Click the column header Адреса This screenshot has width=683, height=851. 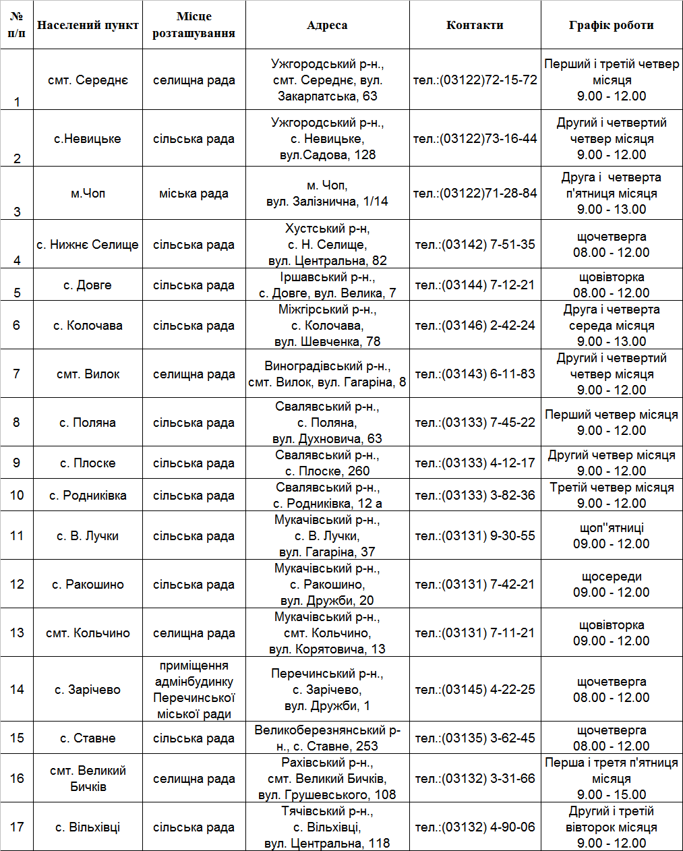[327, 25]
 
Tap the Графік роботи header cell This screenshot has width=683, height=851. [611, 25]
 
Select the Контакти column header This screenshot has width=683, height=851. [475, 25]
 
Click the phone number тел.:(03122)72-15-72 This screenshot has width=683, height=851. [475, 80]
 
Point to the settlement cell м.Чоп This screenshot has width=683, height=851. [88, 194]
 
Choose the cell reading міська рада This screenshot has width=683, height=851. [194, 194]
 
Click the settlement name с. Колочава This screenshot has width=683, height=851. [88, 326]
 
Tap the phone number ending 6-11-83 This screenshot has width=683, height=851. [475, 374]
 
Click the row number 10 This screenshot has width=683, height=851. [17, 496]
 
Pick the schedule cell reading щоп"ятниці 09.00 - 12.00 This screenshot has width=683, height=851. [611, 536]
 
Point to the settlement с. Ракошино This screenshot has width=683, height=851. [88, 585]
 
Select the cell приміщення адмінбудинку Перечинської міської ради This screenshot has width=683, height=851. [194, 690]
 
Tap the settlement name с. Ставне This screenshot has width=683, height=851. [88, 738]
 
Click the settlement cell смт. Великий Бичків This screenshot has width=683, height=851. [88, 779]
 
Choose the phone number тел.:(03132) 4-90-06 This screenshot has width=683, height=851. [475, 827]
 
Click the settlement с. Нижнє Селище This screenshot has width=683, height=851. [88, 245]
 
